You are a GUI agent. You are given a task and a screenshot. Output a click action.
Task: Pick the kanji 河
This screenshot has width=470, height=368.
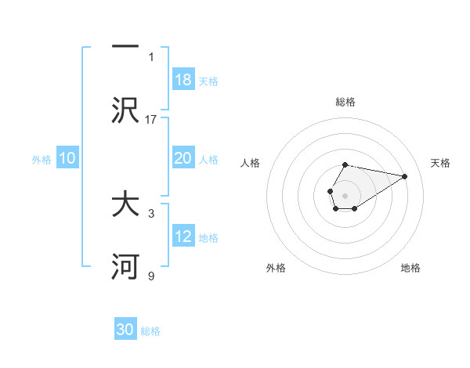[x=125, y=267]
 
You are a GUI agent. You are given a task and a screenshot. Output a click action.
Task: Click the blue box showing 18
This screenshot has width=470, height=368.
[x=183, y=79]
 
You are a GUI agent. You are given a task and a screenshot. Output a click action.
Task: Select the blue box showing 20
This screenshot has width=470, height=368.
[x=183, y=158]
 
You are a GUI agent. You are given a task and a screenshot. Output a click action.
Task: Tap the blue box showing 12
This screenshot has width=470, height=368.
[x=183, y=236]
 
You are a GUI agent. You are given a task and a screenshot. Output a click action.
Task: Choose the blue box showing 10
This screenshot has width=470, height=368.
[x=67, y=158]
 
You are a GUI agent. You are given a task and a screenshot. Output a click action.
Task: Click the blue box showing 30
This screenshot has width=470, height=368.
[x=125, y=330]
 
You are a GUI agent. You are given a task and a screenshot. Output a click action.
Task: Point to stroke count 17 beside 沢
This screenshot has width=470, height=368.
[x=151, y=119]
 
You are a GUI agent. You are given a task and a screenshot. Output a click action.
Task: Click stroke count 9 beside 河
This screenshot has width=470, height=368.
[x=151, y=276]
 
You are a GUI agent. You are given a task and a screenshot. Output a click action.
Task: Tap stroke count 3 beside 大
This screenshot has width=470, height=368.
[x=151, y=213]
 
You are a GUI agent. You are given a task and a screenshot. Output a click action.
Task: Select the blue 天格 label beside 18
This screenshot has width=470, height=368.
[x=208, y=81]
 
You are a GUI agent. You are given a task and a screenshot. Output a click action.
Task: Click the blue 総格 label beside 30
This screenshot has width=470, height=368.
[x=150, y=331]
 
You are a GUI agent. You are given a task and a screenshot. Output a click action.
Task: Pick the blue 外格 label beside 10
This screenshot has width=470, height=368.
[x=42, y=160]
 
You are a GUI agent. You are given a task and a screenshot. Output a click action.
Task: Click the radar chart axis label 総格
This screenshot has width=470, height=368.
[x=345, y=102]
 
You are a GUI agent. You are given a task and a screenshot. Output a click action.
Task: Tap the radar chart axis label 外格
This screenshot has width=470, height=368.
[x=276, y=268]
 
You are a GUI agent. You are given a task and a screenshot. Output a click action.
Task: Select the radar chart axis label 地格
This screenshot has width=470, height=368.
[x=410, y=268]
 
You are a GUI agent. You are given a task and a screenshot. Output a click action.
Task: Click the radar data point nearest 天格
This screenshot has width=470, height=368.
[x=405, y=176]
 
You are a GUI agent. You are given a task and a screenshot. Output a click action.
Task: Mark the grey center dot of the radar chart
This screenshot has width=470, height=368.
[x=345, y=194]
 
